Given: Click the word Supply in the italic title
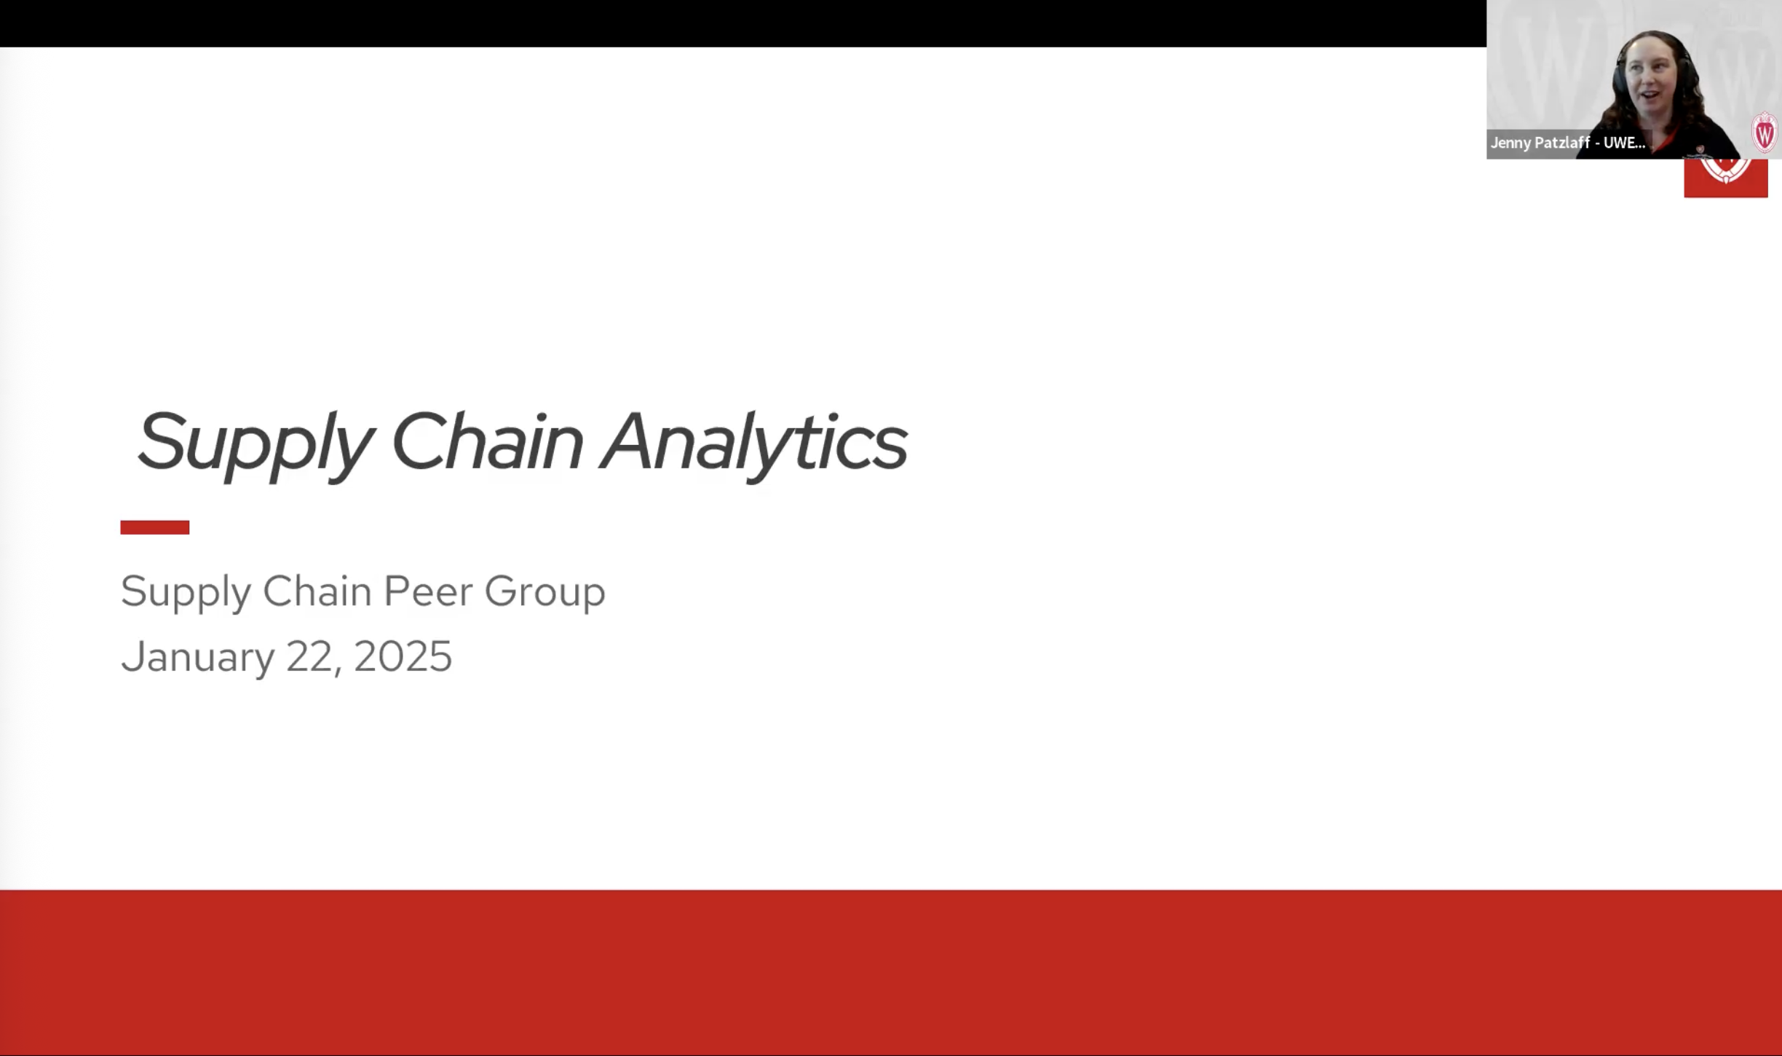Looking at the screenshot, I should point(255,443).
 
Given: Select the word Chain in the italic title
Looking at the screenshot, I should point(486,441).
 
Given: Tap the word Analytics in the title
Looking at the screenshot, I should point(753,441).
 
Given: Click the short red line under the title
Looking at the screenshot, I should point(154,527).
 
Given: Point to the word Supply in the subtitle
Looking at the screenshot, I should point(185,591).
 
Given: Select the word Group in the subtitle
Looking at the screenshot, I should point(544,591).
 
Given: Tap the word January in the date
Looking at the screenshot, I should point(197,657).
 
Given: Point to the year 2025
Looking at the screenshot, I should point(403,657).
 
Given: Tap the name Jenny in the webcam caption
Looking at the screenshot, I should point(1510,143).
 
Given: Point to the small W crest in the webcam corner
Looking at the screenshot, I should point(1765,133).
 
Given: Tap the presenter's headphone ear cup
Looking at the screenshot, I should point(1618,87).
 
